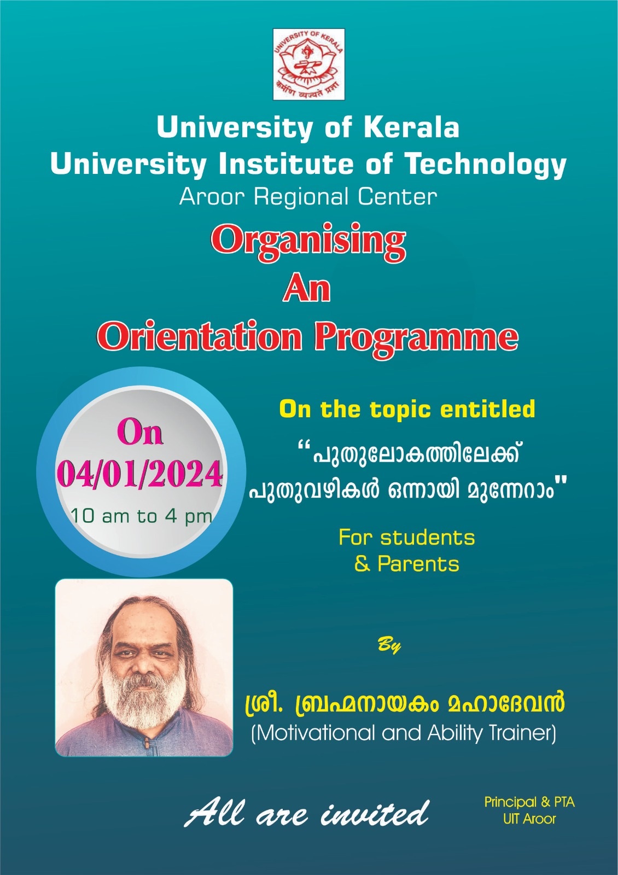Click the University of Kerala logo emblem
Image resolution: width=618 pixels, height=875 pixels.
coord(308,64)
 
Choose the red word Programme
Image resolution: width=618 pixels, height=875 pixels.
coord(416,339)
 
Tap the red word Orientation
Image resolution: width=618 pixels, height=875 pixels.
coord(199,336)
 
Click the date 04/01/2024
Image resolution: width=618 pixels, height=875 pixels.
coord(140,475)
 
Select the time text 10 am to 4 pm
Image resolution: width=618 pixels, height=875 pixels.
coord(142,516)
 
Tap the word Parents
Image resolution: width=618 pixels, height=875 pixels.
coord(418,564)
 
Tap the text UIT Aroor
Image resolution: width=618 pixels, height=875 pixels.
coord(529,819)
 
